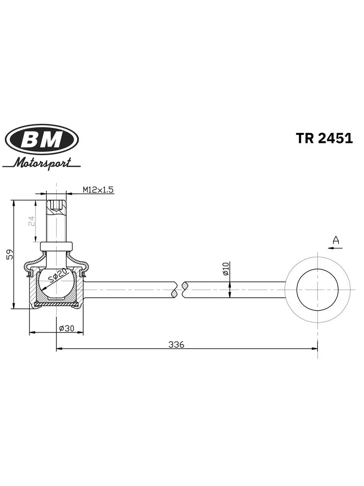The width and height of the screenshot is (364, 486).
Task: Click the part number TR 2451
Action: coord(324,139)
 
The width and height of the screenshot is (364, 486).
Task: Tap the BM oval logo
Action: coord(42,139)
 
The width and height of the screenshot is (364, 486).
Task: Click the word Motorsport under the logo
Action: coord(42,163)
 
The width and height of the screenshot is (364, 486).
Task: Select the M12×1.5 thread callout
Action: coord(98,190)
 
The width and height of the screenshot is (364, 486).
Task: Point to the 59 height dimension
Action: coord(10,254)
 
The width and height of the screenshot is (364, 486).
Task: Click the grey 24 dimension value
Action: coord(32,221)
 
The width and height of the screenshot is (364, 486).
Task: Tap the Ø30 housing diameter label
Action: coord(67,328)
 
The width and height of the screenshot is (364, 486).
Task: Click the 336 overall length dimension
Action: coord(176,345)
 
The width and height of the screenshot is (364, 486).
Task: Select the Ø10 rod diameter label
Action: coord(225,269)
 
